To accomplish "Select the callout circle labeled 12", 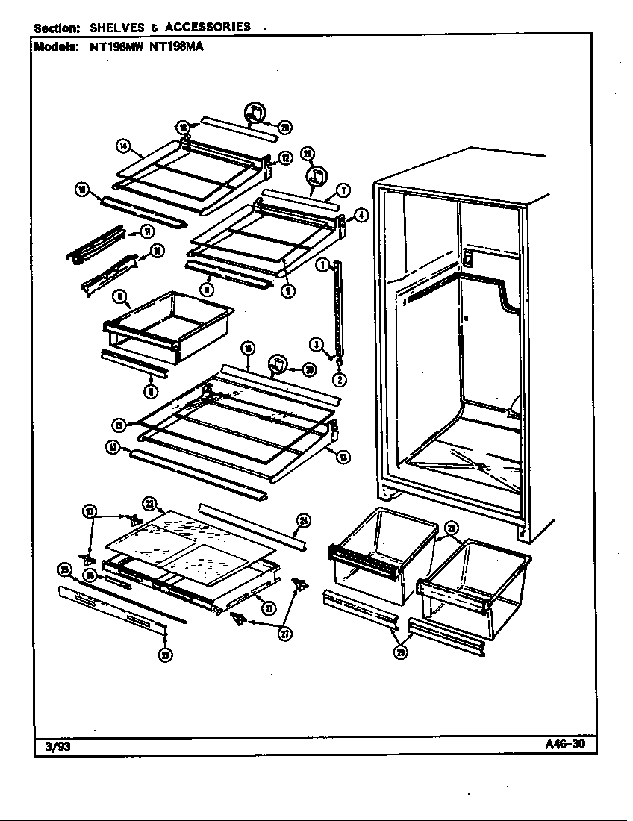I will [x=284, y=157].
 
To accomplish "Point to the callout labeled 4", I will [x=361, y=215].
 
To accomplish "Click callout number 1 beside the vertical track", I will [x=322, y=264].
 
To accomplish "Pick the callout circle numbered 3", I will [x=316, y=344].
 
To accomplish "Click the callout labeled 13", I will [x=343, y=457].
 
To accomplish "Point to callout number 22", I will [x=149, y=502].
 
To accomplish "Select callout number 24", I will [x=304, y=520].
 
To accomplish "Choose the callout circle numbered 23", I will [x=164, y=655].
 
